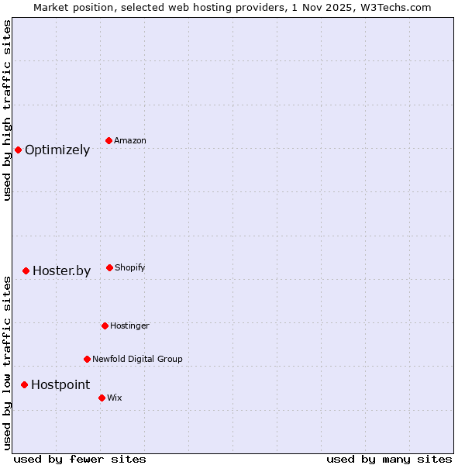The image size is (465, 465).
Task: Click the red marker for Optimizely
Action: click(18, 150)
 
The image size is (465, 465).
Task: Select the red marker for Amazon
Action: click(109, 140)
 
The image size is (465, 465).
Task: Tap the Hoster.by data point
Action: click(26, 270)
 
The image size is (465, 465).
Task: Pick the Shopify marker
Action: click(109, 267)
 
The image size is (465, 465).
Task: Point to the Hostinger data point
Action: click(105, 325)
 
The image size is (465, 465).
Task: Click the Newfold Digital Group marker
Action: click(87, 359)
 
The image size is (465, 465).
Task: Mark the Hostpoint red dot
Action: click(24, 384)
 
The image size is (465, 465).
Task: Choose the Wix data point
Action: click(102, 398)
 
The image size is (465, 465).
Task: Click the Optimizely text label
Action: click(57, 150)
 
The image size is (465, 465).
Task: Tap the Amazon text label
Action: click(130, 141)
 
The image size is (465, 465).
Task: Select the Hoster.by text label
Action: click(61, 271)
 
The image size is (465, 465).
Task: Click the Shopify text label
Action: click(130, 268)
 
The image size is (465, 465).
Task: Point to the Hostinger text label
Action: click(129, 326)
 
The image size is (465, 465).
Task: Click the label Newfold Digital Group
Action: click(137, 360)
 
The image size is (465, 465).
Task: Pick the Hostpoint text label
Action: click(60, 385)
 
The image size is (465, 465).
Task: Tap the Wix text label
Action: click(115, 398)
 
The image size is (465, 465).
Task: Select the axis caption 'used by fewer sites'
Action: click(80, 459)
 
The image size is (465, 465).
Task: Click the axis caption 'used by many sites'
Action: click(389, 459)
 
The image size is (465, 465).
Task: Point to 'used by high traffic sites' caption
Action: click(7, 110)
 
